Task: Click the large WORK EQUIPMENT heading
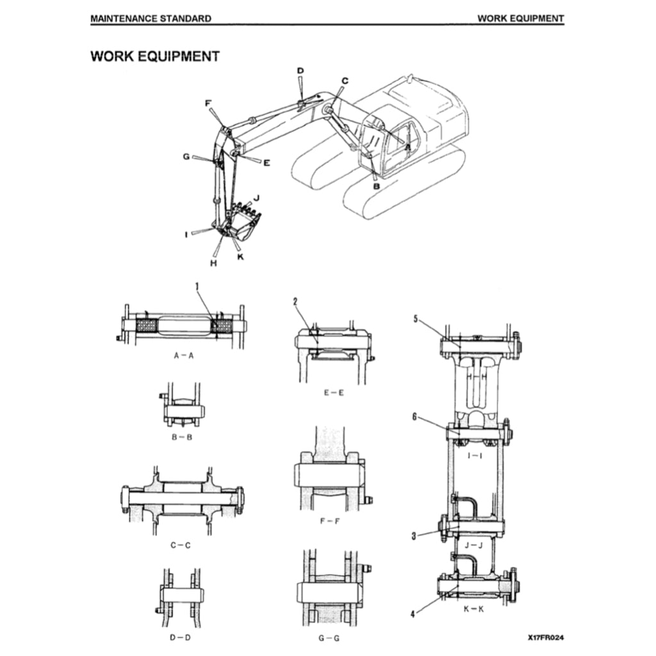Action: pyautogui.click(x=155, y=56)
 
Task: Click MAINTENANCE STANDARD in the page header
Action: pyautogui.click(x=151, y=19)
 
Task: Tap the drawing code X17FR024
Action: pyautogui.click(x=546, y=637)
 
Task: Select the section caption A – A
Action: pyautogui.click(x=183, y=355)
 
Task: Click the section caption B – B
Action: pyautogui.click(x=183, y=437)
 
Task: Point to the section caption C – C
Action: pyautogui.click(x=181, y=545)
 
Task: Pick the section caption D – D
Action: pyautogui.click(x=181, y=638)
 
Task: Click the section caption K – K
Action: pyautogui.click(x=473, y=609)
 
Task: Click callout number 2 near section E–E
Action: pyautogui.click(x=295, y=301)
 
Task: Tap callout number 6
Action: pyautogui.click(x=415, y=416)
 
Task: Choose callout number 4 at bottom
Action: pyautogui.click(x=413, y=614)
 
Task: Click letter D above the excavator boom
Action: pyautogui.click(x=300, y=70)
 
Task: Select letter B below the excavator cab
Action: pyautogui.click(x=377, y=186)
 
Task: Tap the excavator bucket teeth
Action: pyautogui.click(x=247, y=209)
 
